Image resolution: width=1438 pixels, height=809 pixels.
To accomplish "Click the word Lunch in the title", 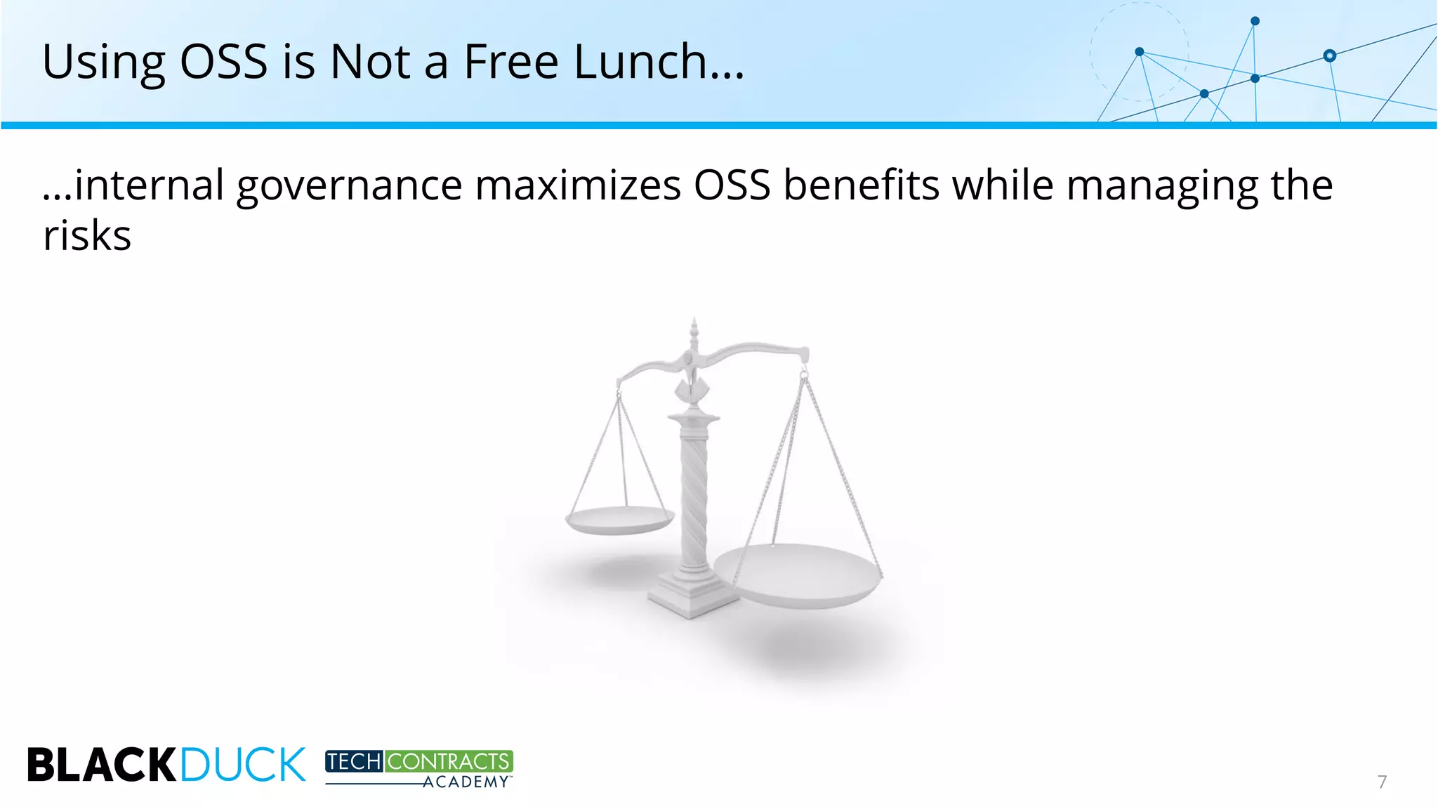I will pos(659,62).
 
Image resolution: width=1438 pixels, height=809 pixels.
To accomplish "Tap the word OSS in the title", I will pos(223,62).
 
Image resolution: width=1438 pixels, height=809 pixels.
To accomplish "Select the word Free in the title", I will pos(510,62).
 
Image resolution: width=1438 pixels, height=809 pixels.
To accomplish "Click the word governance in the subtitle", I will pos(349,186).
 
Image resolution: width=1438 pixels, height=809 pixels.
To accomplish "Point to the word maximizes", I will pos(578,186).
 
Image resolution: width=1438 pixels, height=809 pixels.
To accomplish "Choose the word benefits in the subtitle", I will pos(861,186).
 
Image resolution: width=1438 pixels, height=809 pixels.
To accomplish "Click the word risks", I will pos(87,236).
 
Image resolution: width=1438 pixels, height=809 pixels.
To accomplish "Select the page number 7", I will pos(1382,782).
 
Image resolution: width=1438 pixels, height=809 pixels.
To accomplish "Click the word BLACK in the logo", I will pos(102,765).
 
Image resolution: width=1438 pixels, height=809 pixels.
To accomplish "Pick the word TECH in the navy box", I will pos(354,761).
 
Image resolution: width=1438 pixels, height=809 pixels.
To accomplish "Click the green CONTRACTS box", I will pos(449,761).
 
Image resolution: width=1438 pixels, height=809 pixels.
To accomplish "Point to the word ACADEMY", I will pos(466,782).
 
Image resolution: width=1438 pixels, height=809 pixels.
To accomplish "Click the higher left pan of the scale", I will pos(619,520).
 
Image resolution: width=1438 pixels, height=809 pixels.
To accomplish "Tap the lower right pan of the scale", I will pos(797,574).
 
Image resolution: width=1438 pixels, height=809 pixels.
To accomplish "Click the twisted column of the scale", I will pos(694,492).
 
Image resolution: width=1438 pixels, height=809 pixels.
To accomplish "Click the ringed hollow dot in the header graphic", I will pos(1329,55).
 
